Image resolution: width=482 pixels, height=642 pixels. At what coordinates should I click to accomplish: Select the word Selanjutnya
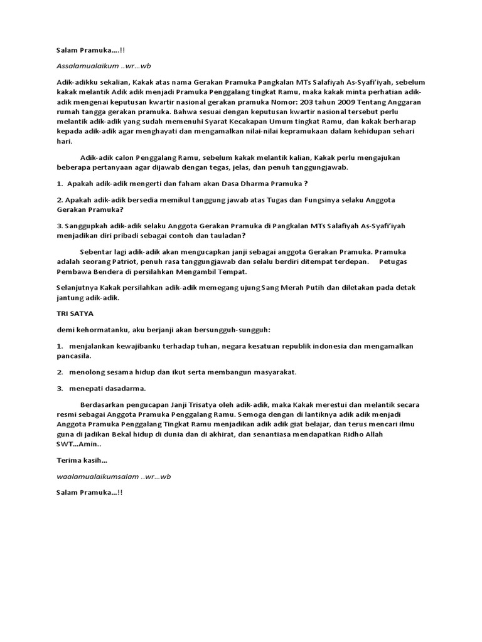tap(78, 288)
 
